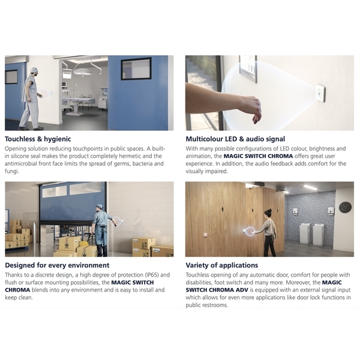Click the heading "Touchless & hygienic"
[38, 139]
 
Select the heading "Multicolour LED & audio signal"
[235, 139]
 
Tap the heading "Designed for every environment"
[57, 265]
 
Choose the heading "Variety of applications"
[222, 265]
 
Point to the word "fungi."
[12, 171]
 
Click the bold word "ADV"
[242, 290]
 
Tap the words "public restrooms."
[207, 305]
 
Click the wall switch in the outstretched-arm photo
[320, 93]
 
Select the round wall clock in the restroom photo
[345, 208]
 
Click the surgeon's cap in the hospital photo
[34, 70]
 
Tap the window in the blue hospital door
[136, 68]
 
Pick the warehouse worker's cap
[99, 206]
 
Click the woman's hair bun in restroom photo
[270, 210]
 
